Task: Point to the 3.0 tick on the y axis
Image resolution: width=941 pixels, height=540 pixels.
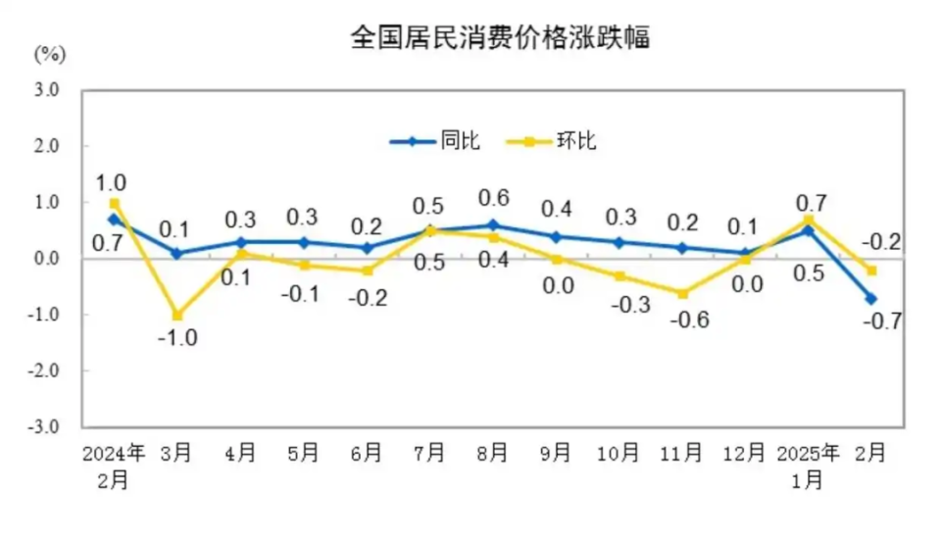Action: (x=47, y=90)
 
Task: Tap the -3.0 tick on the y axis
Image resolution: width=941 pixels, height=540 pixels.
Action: (x=45, y=428)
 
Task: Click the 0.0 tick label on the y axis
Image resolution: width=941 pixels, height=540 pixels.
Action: (x=47, y=259)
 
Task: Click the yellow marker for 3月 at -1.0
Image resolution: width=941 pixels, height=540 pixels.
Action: (x=177, y=316)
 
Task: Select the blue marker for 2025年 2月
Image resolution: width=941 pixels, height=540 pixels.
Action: (x=870, y=299)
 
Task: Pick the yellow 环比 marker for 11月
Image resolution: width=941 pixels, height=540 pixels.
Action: (x=681, y=293)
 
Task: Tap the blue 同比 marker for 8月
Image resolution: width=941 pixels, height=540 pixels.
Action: (x=492, y=225)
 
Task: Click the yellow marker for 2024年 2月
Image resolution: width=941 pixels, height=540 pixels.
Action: (x=115, y=203)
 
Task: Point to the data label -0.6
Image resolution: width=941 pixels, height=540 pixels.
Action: (x=684, y=320)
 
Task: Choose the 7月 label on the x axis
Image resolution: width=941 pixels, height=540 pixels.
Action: (x=429, y=454)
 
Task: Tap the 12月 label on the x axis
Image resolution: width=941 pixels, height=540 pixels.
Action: (x=744, y=454)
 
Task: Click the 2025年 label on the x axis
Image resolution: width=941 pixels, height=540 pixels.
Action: (x=808, y=454)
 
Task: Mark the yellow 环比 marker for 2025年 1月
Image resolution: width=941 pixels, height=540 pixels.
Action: (x=808, y=221)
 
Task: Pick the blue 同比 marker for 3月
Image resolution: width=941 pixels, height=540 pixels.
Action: (x=177, y=254)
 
